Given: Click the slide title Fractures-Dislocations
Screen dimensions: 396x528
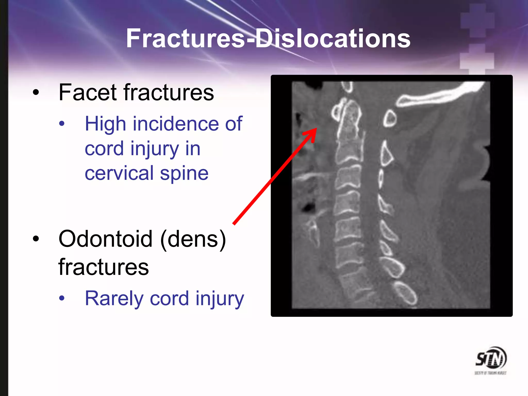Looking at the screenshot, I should point(268,39).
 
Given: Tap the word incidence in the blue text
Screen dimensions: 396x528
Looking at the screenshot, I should point(177,124).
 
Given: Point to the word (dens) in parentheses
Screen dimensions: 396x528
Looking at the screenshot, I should point(193,239).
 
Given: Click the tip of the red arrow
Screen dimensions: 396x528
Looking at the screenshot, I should point(316,129).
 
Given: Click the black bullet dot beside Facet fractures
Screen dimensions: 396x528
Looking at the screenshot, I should point(36,93).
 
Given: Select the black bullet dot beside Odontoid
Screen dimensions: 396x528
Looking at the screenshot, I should point(36,239).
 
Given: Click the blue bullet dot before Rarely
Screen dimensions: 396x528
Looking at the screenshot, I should point(62,298).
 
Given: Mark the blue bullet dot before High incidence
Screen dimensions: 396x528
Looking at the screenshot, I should point(62,124).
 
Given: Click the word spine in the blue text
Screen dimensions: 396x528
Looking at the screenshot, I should point(184,173).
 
